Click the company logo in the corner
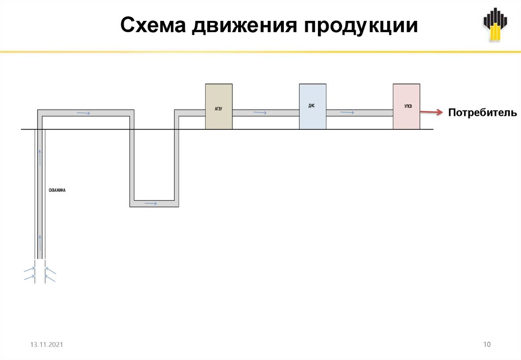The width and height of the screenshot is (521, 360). pos(495,25)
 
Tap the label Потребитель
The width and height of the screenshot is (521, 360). pos(482,113)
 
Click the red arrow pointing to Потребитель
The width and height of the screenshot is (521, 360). pos(431,112)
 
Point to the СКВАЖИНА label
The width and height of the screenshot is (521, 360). pos(57,190)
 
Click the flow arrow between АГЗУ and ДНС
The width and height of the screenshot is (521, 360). pos(259,112)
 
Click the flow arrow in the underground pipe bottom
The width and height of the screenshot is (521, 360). pos(151,203)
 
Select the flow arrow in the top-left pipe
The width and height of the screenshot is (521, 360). pos(83,112)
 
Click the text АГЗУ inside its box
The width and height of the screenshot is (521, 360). pos(219,108)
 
